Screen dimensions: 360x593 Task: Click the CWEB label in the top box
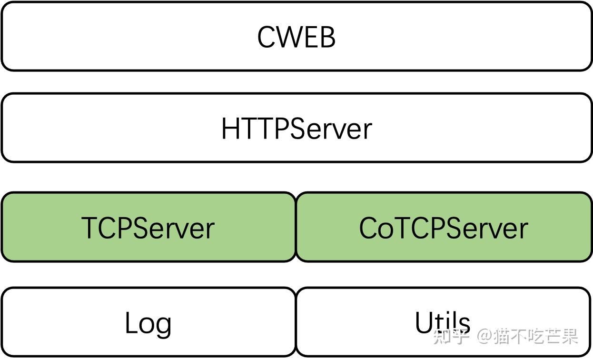tap(296, 37)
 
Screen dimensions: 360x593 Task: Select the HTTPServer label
tap(296, 129)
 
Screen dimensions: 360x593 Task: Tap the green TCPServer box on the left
tap(148, 227)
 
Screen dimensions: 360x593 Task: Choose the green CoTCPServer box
tap(444, 227)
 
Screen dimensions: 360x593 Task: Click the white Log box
tap(148, 322)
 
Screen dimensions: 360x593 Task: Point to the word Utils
tap(443, 322)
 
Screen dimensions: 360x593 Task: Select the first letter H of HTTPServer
tap(230, 129)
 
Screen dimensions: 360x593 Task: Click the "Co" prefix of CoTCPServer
tap(373, 228)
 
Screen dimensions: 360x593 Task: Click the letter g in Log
tap(163, 326)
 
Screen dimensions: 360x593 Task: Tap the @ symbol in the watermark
tap(485, 336)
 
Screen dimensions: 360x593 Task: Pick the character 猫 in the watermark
tap(504, 336)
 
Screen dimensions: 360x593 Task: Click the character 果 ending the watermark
tap(569, 336)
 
